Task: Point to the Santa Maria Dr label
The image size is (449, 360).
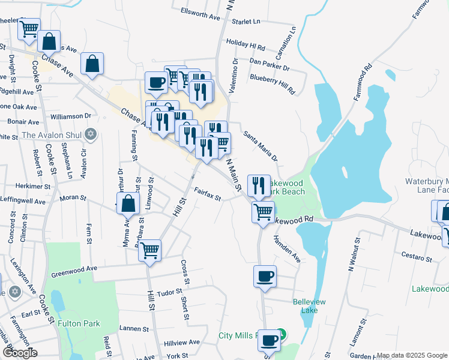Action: [261, 146]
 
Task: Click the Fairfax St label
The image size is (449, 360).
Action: [208, 194]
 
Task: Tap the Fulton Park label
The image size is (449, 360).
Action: [79, 323]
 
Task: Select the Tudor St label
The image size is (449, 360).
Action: [169, 292]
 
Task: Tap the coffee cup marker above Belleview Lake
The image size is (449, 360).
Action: [265, 277]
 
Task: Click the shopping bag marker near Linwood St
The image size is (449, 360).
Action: [128, 203]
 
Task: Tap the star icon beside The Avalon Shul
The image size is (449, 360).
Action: [91, 134]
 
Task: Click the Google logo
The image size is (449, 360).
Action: [20, 353]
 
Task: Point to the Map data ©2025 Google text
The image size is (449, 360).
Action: [412, 356]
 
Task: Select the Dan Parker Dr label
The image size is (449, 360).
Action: [270, 62]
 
